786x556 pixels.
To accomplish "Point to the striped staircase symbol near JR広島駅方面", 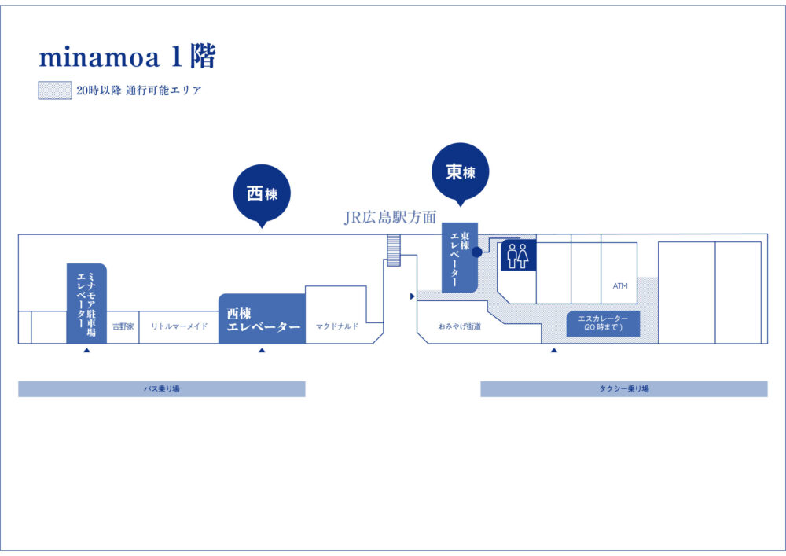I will [x=394, y=249].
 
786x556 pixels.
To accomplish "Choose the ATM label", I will [x=620, y=286].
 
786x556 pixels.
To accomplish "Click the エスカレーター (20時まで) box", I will [x=603, y=323].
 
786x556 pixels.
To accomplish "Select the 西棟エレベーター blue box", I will [x=262, y=319].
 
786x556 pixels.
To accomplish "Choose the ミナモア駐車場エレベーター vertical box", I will [x=86, y=303].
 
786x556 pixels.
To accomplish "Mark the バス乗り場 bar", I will [x=161, y=389].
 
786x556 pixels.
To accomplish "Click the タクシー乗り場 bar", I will [x=624, y=389].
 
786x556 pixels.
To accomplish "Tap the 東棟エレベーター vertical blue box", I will [x=459, y=258].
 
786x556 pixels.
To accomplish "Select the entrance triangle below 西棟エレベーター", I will [x=262, y=351].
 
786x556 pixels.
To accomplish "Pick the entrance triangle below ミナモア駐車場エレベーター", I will [x=86, y=351].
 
